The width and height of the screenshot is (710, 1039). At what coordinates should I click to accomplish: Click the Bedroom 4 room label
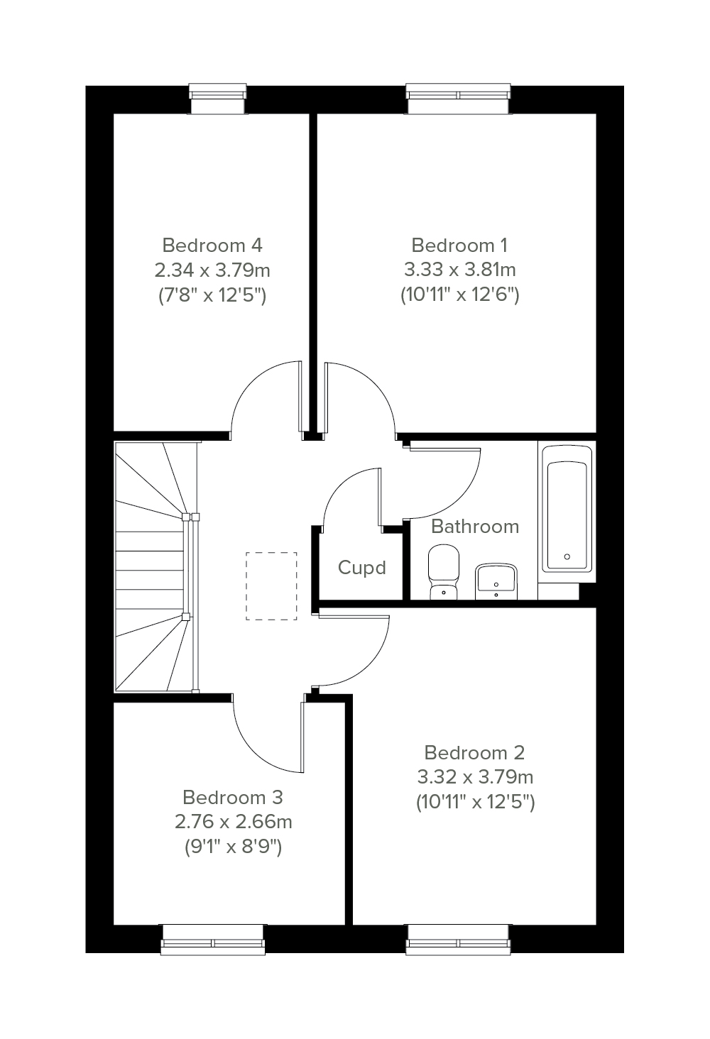[x=212, y=246]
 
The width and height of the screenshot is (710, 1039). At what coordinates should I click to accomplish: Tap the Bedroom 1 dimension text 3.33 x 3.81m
[x=460, y=270]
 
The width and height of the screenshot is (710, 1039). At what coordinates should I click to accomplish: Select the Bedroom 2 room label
[x=474, y=752]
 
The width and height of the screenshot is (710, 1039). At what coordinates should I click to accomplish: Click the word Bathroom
[x=475, y=527]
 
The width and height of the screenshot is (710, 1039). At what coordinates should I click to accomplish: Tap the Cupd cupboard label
[x=362, y=568]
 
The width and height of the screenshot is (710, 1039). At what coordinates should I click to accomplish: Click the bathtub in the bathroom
[x=567, y=509]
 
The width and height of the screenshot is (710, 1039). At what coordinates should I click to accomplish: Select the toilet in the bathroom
[x=444, y=571]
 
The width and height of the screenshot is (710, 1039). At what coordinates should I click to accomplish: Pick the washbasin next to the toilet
[x=496, y=581]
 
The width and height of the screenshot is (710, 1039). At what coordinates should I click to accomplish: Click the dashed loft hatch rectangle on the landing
[x=271, y=586]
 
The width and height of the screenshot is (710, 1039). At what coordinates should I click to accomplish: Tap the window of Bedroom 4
[x=218, y=99]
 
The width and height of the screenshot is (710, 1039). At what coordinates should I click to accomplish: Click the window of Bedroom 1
[x=459, y=99]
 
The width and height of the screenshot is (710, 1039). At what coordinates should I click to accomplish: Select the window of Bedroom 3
[x=213, y=939]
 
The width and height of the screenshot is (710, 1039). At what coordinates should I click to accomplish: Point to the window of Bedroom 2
[x=459, y=939]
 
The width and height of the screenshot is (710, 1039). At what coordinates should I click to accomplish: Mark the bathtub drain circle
[x=567, y=556]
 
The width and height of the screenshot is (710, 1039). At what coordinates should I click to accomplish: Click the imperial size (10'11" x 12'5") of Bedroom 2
[x=476, y=801]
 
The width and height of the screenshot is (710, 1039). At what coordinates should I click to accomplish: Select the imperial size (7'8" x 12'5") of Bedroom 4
[x=212, y=295]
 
